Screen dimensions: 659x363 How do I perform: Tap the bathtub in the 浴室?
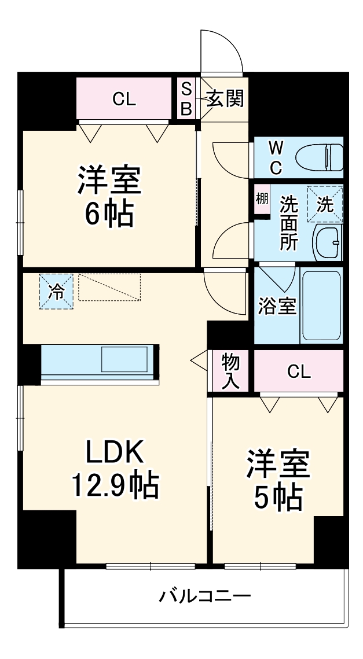tap(322, 305)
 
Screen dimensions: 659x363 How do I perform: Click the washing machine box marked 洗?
tap(325, 204)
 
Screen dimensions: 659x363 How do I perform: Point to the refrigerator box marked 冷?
tap(57, 291)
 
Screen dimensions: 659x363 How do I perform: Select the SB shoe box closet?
tap(186, 99)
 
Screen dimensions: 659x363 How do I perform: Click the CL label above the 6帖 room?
tap(124, 99)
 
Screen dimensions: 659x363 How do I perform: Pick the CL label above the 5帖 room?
tap(299, 371)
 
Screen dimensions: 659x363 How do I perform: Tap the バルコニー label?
tap(205, 595)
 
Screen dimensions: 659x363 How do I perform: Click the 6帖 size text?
tap(109, 215)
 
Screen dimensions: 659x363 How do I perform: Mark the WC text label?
tap(275, 157)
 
